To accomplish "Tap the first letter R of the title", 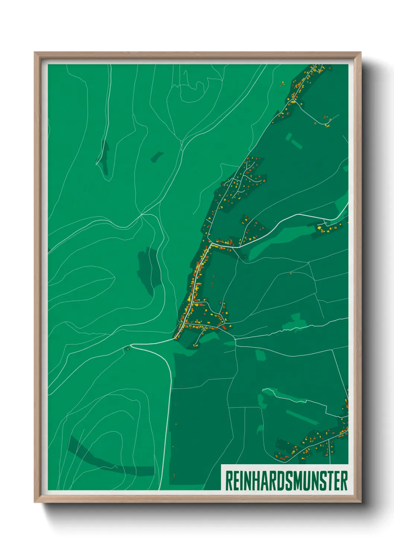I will (x=229, y=481).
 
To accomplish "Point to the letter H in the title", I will (x=257, y=481).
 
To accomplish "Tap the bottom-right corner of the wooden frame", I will (x=360, y=502).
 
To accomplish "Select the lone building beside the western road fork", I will (x=127, y=349).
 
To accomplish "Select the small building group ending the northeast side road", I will (x=327, y=121).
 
